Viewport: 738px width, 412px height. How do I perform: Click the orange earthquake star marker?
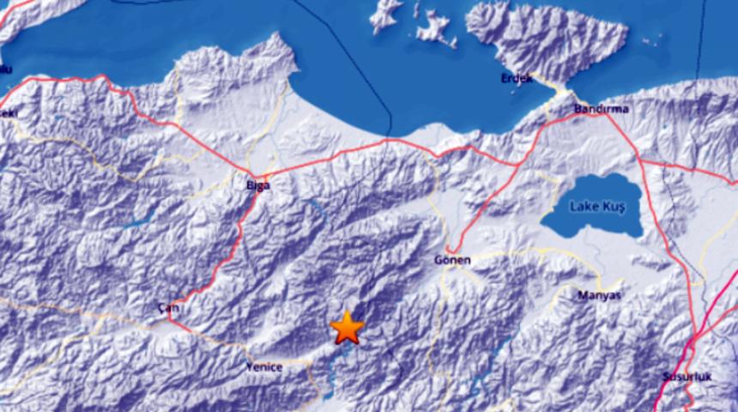click(x=347, y=327)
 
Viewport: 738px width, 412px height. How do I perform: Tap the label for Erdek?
click(x=517, y=79)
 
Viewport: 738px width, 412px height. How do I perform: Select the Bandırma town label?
click(x=602, y=109)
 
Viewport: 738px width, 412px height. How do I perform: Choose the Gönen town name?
click(x=454, y=258)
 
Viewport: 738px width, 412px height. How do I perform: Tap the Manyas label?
click(x=600, y=294)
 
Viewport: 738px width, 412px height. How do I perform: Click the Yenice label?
click(x=264, y=367)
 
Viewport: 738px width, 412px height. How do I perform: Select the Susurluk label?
click(x=682, y=376)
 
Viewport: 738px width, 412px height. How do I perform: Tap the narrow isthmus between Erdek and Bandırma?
click(x=562, y=89)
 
